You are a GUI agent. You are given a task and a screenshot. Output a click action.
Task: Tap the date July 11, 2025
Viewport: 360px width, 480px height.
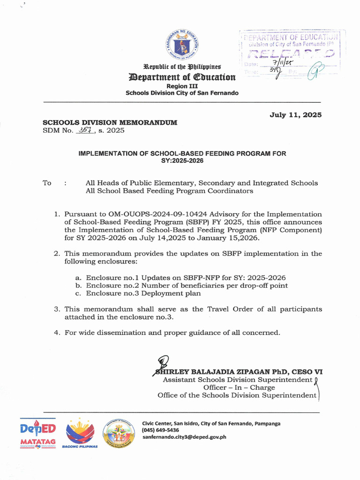coord(295,115)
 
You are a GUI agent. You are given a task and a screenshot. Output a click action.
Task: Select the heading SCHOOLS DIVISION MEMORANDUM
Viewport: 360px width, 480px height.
coord(110,122)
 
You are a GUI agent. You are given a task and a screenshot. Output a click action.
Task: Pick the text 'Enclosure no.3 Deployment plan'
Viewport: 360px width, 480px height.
coord(143,293)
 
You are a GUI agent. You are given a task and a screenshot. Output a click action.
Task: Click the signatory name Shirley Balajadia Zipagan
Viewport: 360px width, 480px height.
coord(240,372)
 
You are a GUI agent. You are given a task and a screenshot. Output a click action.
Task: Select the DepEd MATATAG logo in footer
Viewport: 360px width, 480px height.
coord(38,434)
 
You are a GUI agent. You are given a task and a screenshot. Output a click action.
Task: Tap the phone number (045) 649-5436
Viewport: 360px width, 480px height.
coord(160,430)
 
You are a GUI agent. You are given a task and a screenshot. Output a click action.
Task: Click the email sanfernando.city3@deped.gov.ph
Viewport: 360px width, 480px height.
coord(184,437)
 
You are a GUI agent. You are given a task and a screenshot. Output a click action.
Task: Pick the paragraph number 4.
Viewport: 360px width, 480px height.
coord(56,333)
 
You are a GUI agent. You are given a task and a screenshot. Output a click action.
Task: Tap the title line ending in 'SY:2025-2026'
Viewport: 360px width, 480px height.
coord(182,160)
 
